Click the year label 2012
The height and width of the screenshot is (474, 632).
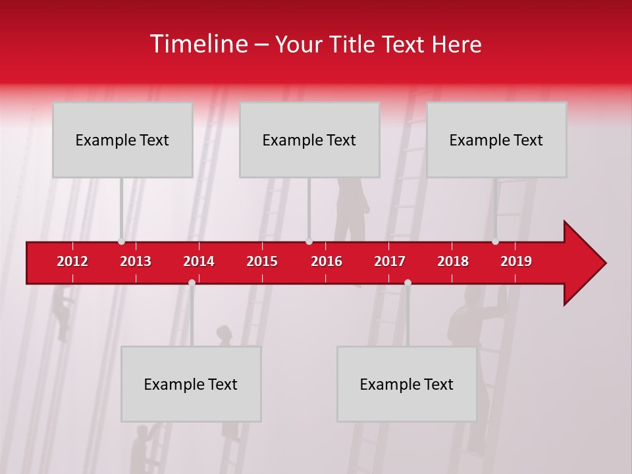[x=72, y=261]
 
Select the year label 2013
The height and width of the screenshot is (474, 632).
[x=136, y=261]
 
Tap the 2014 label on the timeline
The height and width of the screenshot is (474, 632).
[x=199, y=261]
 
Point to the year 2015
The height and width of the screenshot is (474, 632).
[x=262, y=261]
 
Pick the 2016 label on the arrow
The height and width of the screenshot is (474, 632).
[x=327, y=261]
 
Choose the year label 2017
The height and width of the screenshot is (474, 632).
[x=390, y=261]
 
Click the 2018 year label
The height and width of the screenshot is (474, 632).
[x=453, y=261]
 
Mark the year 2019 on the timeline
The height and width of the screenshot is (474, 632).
[x=516, y=261]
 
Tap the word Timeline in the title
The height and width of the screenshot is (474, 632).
[x=198, y=44]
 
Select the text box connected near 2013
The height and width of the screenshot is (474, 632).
[x=122, y=140]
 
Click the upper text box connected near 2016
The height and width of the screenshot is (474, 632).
[x=309, y=140]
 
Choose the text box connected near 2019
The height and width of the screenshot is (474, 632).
[x=496, y=140]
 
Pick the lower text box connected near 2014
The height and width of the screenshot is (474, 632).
[x=191, y=384]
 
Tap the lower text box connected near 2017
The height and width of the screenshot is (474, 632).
[x=407, y=384]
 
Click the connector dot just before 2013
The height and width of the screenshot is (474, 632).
[x=121, y=242]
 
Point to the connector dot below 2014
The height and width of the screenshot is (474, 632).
[x=192, y=282]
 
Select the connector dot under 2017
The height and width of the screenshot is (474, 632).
[x=408, y=282]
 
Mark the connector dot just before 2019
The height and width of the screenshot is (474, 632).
[x=495, y=242]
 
